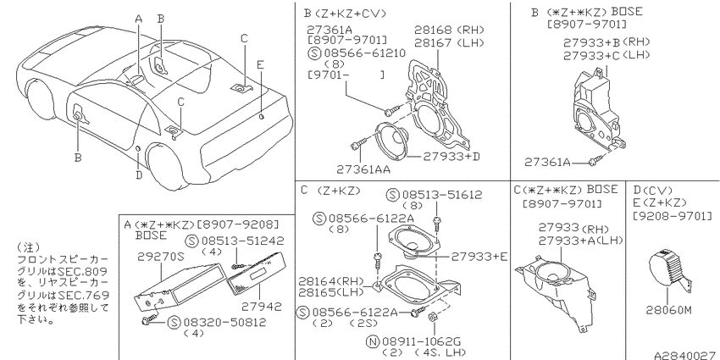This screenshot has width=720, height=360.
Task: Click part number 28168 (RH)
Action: pyautogui.click(x=450, y=30)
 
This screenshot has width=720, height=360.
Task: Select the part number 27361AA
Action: pyautogui.click(x=363, y=169)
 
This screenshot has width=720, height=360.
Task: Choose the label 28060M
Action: pyautogui.click(x=668, y=310)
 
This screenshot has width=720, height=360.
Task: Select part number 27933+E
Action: pyautogui.click(x=479, y=257)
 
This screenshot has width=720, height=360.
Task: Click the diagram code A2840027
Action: pyautogui.click(x=686, y=356)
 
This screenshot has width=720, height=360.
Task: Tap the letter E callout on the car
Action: pyautogui.click(x=260, y=64)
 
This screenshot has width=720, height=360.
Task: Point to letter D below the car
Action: pyautogui.click(x=139, y=174)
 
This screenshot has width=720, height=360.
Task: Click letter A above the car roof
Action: pyautogui.click(x=139, y=19)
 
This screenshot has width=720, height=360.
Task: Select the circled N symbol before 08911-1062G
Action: pyautogui.click(x=372, y=341)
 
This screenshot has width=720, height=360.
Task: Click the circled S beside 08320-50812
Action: pyautogui.click(x=174, y=322)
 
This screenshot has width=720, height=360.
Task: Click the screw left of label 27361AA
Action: pyautogui.click(x=357, y=145)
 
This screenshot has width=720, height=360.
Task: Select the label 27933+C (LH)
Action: pyautogui.click(x=606, y=55)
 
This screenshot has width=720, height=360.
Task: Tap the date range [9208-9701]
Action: pyautogui.click(x=673, y=215)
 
